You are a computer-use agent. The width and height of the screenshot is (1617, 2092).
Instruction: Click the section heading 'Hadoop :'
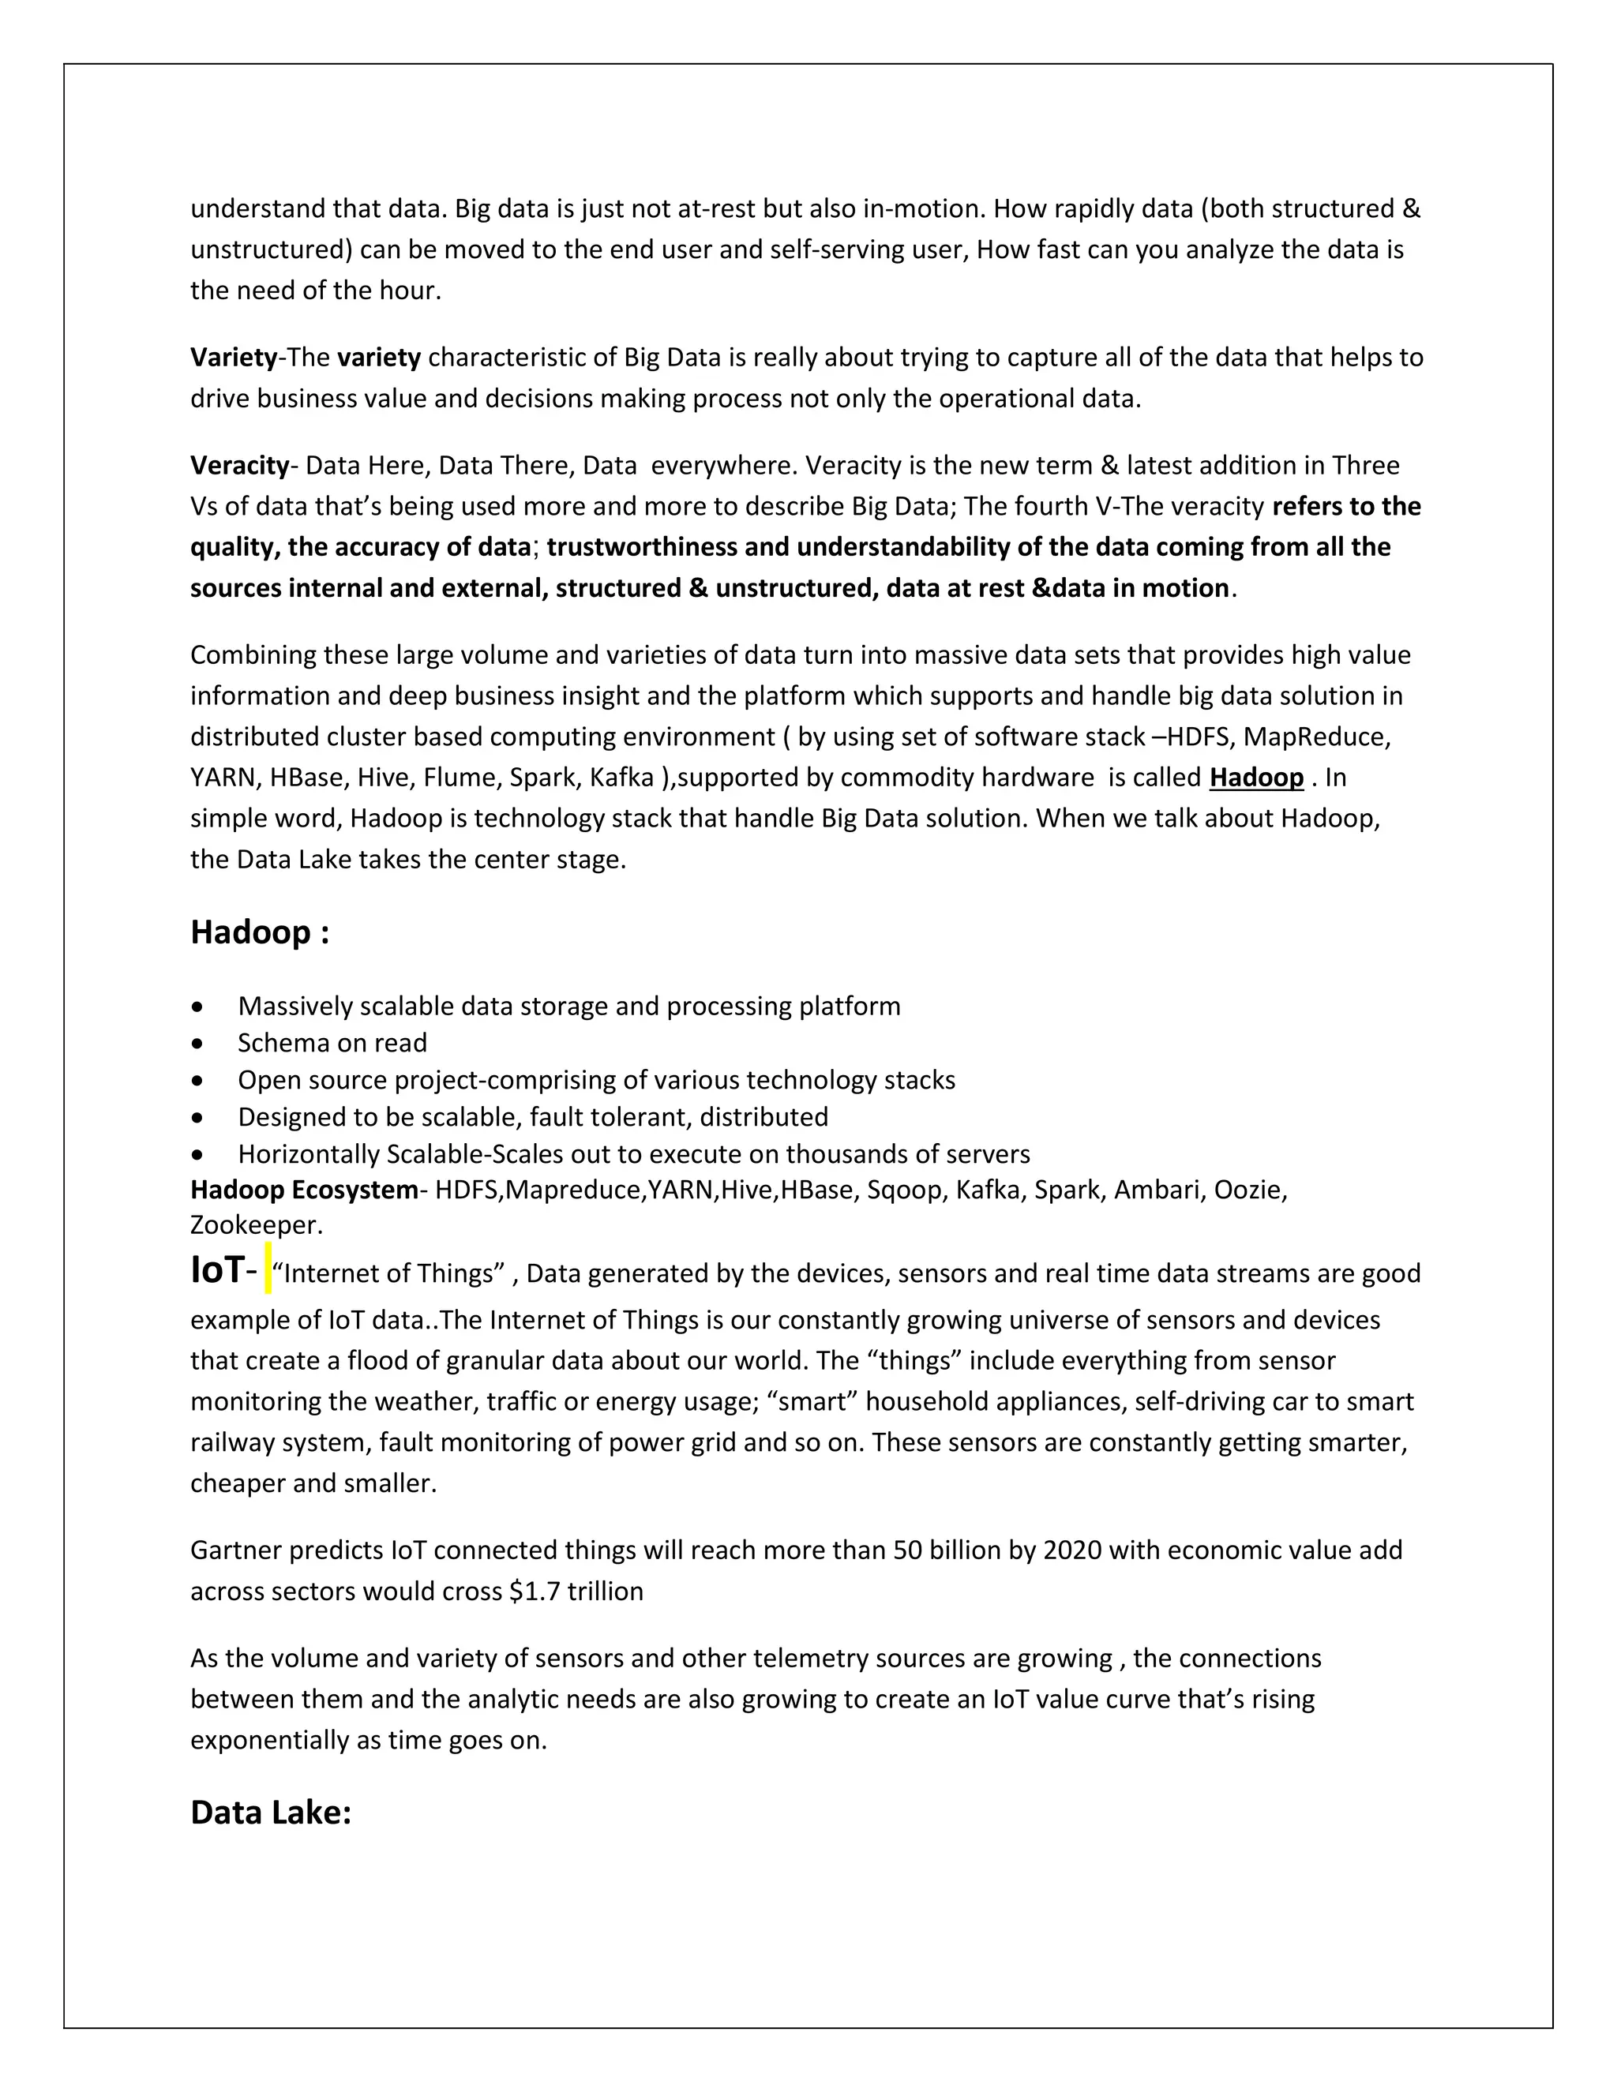click(260, 933)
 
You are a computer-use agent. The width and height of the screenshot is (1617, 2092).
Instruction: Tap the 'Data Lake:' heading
click(271, 1813)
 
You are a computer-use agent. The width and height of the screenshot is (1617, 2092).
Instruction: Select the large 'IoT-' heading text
click(223, 1270)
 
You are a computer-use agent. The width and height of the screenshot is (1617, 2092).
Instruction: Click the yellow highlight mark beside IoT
click(268, 1269)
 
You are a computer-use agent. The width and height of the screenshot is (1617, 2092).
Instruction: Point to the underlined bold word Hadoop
click(1256, 778)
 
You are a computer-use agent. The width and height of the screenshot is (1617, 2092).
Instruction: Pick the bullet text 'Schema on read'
click(332, 1042)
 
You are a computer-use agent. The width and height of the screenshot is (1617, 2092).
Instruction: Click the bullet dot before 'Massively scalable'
click(197, 1007)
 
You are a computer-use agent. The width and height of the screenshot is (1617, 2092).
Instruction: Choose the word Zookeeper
click(254, 1225)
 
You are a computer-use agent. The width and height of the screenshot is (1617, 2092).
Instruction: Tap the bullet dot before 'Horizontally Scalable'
click(197, 1155)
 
